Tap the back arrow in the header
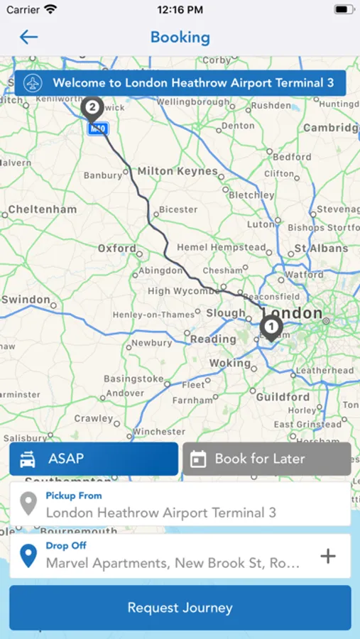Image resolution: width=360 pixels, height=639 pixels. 28,37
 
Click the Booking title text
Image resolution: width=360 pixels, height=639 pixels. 180,37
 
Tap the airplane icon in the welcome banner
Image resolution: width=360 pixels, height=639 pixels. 33,83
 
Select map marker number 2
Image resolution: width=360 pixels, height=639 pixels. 92,109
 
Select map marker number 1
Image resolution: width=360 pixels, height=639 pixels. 271,327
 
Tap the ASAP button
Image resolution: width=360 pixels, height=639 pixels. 94,459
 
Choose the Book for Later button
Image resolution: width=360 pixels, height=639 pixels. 266,459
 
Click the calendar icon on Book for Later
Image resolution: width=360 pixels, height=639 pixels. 198,459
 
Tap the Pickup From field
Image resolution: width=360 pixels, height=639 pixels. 180,505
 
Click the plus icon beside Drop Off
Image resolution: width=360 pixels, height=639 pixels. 327,556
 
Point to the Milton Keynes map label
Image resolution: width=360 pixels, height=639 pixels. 178,171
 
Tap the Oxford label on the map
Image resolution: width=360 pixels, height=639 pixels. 117,248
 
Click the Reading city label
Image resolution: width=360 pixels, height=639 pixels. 213,339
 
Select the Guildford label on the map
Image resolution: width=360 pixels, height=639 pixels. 283,397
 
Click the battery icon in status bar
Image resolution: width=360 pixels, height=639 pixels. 344,10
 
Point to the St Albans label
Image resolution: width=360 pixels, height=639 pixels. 321,248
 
